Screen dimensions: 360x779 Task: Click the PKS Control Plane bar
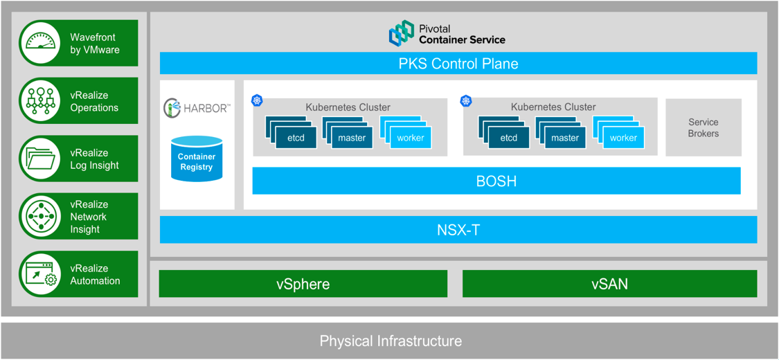click(458, 64)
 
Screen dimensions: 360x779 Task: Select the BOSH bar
click(496, 181)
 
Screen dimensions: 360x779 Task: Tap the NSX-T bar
click(458, 230)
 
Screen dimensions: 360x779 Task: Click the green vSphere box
click(303, 284)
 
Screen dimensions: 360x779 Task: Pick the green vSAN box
click(609, 284)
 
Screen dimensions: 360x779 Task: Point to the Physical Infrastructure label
click(390, 341)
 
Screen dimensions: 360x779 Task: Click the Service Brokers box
click(703, 127)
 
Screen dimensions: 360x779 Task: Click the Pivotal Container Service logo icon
click(401, 33)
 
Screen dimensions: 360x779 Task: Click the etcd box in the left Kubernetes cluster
click(296, 137)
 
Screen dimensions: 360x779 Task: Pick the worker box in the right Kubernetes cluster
click(623, 137)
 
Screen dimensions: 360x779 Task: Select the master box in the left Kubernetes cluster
click(352, 137)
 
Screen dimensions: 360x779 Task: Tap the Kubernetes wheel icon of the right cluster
click(466, 102)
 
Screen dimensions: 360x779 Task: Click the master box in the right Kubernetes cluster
click(564, 137)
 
